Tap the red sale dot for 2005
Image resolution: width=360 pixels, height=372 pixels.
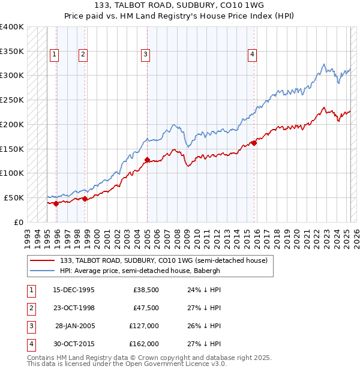click(x=147, y=160)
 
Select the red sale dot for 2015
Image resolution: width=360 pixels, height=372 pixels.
click(x=254, y=143)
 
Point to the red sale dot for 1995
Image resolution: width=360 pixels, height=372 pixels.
click(x=56, y=203)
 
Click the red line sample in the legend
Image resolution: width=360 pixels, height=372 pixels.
click(x=43, y=260)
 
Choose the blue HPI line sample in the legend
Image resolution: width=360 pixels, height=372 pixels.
click(x=43, y=271)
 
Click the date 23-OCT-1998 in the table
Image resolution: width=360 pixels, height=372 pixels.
click(x=74, y=308)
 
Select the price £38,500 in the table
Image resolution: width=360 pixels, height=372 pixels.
click(x=146, y=290)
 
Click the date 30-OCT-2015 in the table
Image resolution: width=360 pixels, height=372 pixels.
click(x=74, y=344)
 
